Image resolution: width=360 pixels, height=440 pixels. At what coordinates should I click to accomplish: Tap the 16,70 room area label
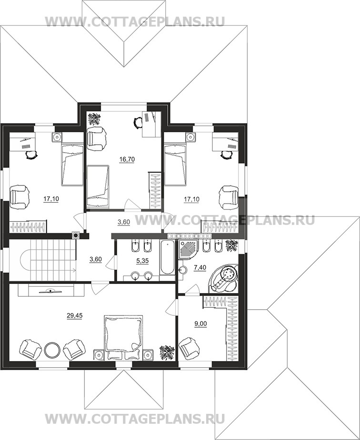pyautogui.click(x=127, y=159)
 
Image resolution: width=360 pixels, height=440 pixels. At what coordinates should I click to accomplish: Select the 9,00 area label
pyautogui.click(x=201, y=323)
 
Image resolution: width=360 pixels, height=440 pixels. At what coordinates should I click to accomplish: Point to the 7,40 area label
pyautogui.click(x=200, y=268)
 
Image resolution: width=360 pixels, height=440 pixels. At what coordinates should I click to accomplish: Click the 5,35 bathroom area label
pyautogui.click(x=142, y=261)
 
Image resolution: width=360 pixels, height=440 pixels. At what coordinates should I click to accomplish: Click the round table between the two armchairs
pyautogui.click(x=52, y=350)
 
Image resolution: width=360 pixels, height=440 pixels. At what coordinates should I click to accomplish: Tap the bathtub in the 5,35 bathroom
pyautogui.click(x=167, y=257)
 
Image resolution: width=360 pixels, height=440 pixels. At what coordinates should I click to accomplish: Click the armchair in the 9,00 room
pyautogui.click(x=189, y=349)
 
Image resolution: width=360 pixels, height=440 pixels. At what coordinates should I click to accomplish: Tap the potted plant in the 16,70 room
pyautogui.click(x=95, y=119)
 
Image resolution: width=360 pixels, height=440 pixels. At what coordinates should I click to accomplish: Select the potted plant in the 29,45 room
pyautogui.click(x=167, y=352)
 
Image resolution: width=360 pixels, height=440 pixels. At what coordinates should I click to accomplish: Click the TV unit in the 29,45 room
pyautogui.click(x=51, y=290)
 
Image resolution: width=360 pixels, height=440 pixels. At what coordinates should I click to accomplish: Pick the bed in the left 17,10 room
pyautogui.click(x=72, y=164)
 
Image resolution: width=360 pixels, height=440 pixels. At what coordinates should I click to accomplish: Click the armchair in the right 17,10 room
pyautogui.click(x=229, y=197)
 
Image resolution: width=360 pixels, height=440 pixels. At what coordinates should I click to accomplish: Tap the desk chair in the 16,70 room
pyautogui.click(x=138, y=122)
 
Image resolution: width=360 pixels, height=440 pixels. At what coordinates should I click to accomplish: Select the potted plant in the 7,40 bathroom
pyautogui.click(x=232, y=245)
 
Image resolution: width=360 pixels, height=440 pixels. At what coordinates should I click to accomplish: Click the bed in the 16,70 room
pyautogui.click(x=98, y=187)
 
